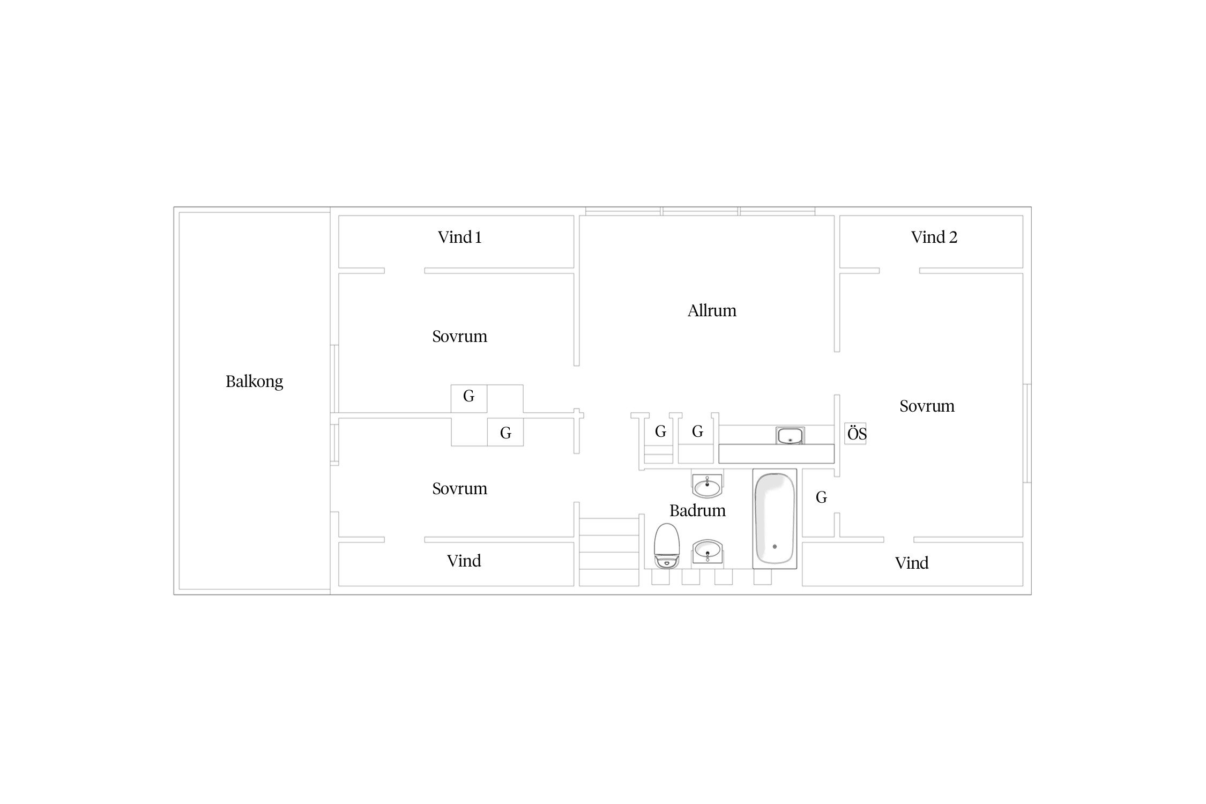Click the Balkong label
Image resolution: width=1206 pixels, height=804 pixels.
point(254,382)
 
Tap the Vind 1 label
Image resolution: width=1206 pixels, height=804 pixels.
point(460,237)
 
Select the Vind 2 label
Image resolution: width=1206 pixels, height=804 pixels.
point(934,237)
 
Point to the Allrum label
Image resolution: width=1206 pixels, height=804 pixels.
point(712,310)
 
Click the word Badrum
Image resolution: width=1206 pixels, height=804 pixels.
point(697,510)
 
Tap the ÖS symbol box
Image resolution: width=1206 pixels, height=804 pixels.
point(856,433)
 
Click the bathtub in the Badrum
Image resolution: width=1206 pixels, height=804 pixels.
point(775,519)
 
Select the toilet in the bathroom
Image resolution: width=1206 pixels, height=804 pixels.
point(667,546)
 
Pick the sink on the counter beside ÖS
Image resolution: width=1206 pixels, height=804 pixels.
point(790,435)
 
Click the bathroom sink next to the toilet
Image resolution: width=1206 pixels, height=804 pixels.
point(708,551)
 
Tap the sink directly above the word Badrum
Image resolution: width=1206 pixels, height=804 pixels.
point(708,486)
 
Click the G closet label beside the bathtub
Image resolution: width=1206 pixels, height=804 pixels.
point(821,497)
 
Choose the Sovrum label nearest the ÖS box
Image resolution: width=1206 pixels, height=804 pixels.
point(927,406)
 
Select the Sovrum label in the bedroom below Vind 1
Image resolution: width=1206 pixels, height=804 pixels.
point(459,337)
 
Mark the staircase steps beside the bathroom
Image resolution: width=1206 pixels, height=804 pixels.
point(609,552)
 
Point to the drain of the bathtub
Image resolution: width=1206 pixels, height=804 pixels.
point(775,547)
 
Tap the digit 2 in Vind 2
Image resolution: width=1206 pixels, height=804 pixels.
point(953,237)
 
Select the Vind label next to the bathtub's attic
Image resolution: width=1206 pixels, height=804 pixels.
point(912,563)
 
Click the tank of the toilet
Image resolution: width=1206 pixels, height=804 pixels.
point(667,562)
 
